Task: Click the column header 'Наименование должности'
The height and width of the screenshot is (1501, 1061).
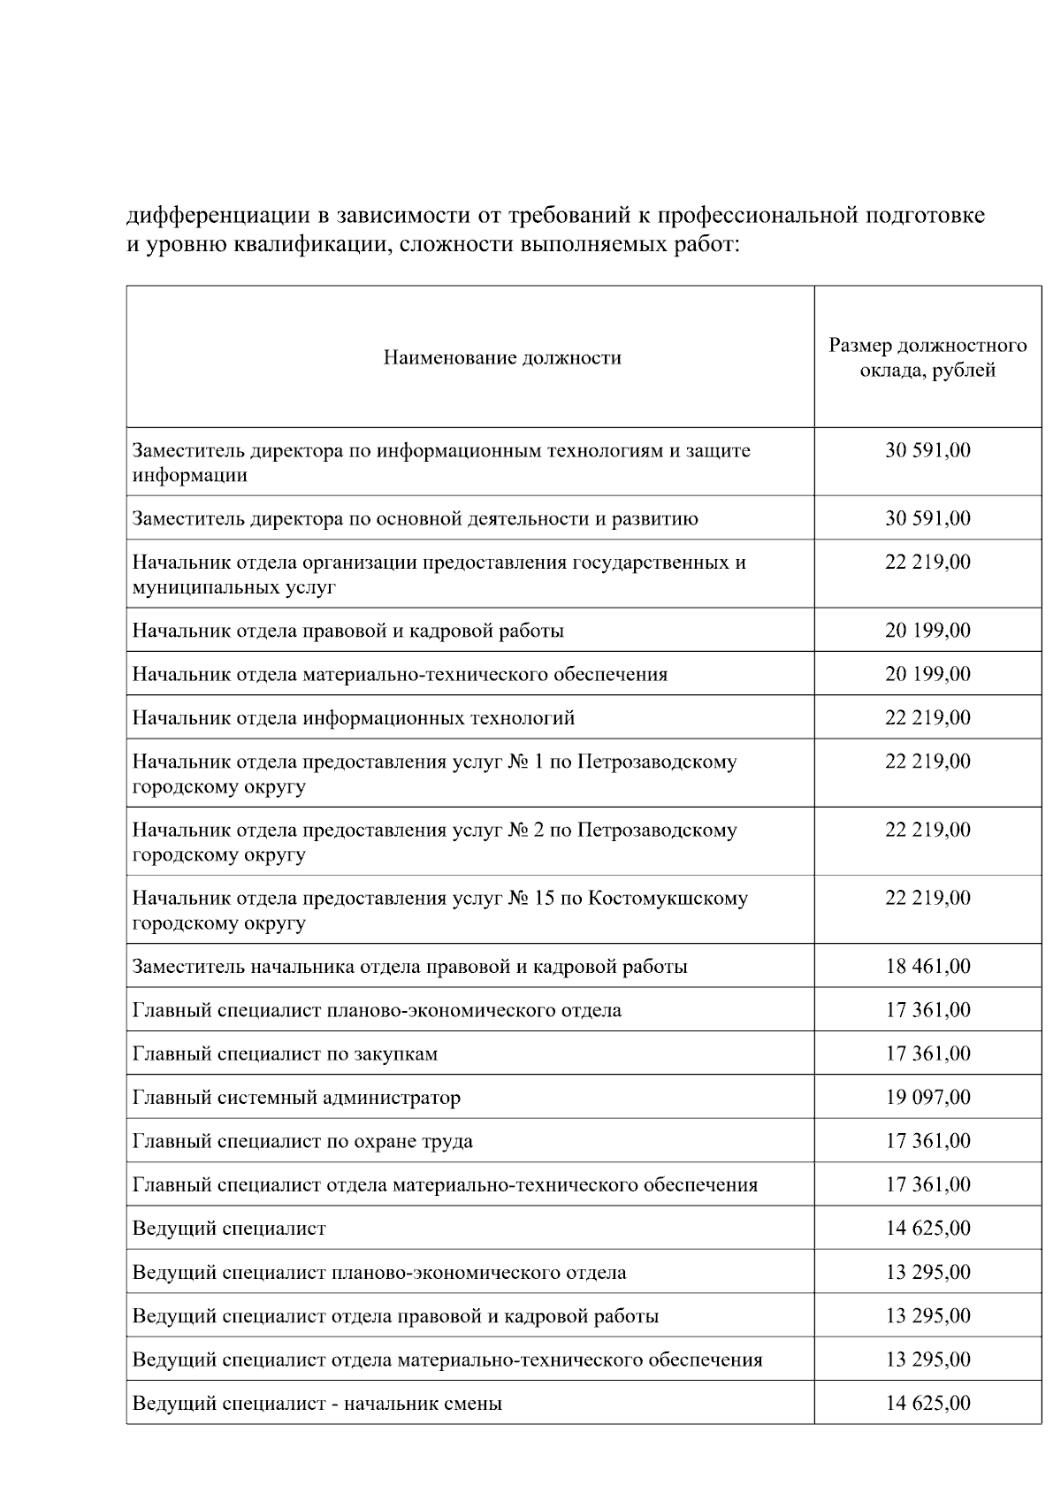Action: tap(501, 358)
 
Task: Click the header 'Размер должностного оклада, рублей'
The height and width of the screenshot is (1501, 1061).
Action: tap(927, 358)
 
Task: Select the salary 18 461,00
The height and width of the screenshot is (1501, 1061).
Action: tap(927, 966)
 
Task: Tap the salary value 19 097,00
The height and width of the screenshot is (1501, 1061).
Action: tap(927, 1098)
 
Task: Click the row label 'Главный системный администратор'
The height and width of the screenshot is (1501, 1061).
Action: tap(296, 1098)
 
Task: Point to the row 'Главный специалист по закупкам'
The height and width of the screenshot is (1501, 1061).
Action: tap(285, 1054)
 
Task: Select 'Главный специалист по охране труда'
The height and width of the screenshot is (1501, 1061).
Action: tap(302, 1141)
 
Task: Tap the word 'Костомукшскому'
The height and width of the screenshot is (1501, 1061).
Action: tap(668, 899)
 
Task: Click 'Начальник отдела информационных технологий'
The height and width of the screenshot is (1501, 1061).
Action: tap(354, 718)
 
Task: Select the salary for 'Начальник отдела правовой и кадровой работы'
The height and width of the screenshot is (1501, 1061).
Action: tap(927, 631)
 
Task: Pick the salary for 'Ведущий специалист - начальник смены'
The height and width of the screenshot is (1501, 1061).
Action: tap(927, 1404)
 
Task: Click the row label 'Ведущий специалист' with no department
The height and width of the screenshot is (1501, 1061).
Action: tap(229, 1229)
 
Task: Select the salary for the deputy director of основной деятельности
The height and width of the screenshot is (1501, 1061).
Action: tap(927, 518)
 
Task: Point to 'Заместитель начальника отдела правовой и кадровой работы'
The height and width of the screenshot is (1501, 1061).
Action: tap(409, 967)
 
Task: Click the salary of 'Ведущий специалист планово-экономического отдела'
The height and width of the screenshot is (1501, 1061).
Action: tap(927, 1272)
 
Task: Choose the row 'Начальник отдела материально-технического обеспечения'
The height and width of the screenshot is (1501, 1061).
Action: tap(400, 675)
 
